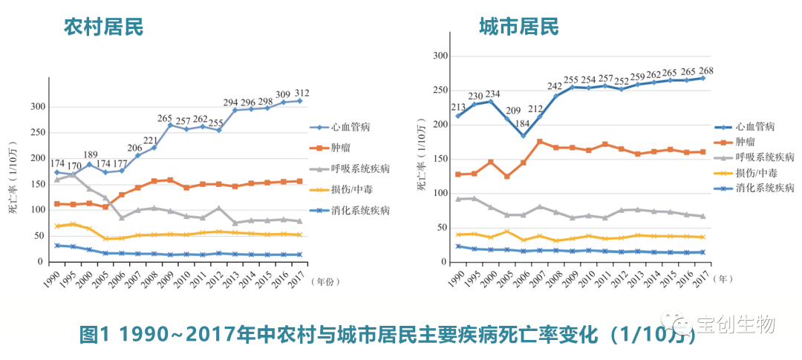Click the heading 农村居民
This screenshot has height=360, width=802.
[x=103, y=27]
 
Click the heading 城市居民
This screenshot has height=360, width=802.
[x=518, y=27]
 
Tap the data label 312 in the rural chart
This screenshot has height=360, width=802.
[x=302, y=92]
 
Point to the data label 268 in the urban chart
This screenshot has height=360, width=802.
[x=706, y=71]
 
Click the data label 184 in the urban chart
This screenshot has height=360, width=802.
[x=524, y=123]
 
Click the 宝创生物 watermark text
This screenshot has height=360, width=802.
[x=734, y=324]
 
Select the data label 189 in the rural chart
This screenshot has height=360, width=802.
[x=91, y=154]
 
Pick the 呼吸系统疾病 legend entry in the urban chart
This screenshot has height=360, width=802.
[x=765, y=157]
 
